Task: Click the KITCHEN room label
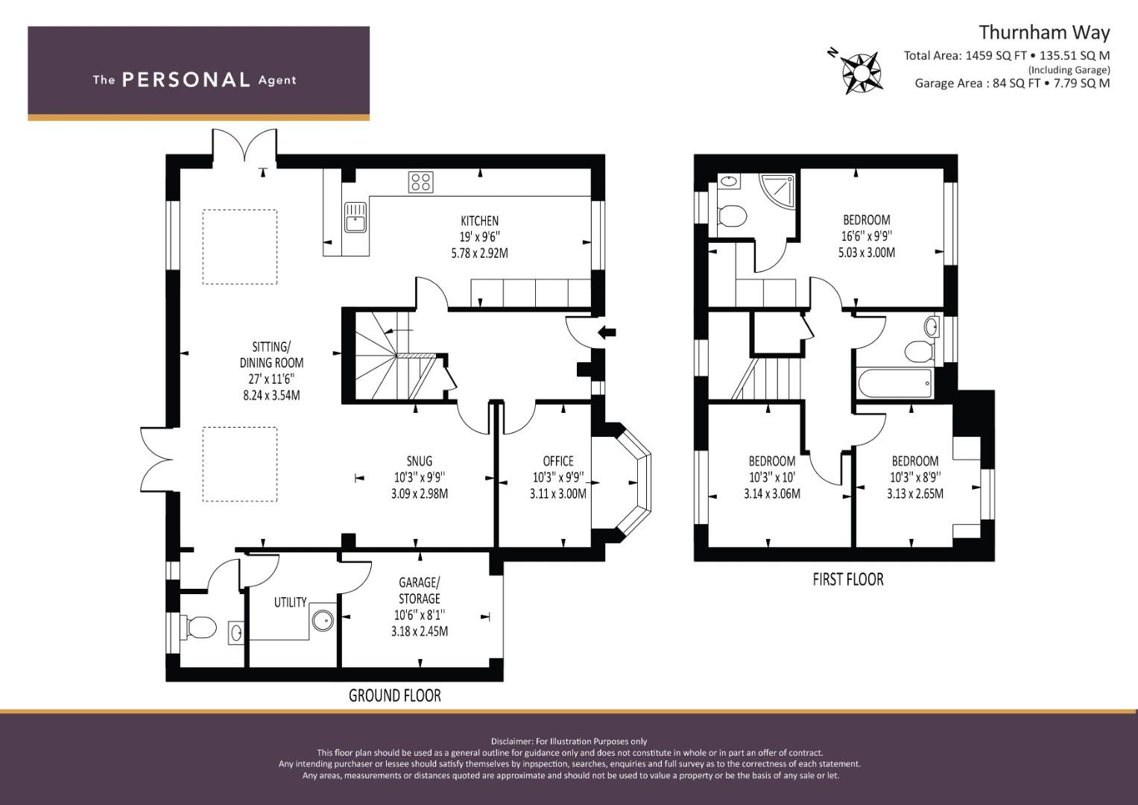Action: [480, 221]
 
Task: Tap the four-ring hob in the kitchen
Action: [420, 183]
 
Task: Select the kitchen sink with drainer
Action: [355, 217]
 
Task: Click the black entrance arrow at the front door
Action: [607, 333]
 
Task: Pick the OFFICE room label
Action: [558, 461]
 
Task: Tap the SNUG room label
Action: [419, 461]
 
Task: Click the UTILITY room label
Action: [290, 602]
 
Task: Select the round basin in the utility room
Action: [323, 620]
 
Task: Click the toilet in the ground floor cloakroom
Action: [200, 628]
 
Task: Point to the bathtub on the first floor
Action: [894, 382]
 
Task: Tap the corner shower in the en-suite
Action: [777, 190]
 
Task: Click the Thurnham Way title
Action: [1044, 33]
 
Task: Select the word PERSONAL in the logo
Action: [186, 80]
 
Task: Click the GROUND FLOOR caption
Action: [395, 695]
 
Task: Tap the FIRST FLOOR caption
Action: [848, 579]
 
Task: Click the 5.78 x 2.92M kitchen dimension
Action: [480, 253]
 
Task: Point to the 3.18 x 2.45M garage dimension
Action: [419, 632]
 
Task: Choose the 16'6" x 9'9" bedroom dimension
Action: [866, 236]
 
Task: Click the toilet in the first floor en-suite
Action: [732, 215]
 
